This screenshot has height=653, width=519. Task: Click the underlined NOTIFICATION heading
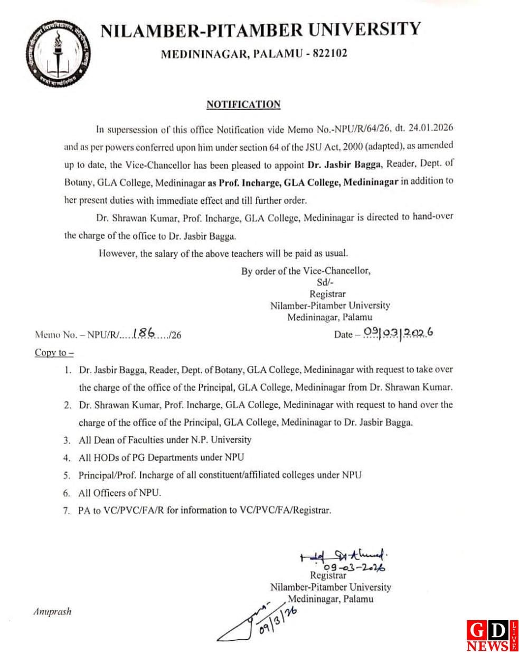tap(243, 104)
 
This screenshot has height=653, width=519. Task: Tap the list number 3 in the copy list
tap(67, 440)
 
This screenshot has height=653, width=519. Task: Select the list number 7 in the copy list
tap(67, 511)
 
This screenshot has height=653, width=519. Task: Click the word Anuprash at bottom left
tap(52, 612)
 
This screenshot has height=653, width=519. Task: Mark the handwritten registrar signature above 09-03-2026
tap(343, 557)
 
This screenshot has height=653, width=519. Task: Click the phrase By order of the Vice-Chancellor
tap(306, 271)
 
